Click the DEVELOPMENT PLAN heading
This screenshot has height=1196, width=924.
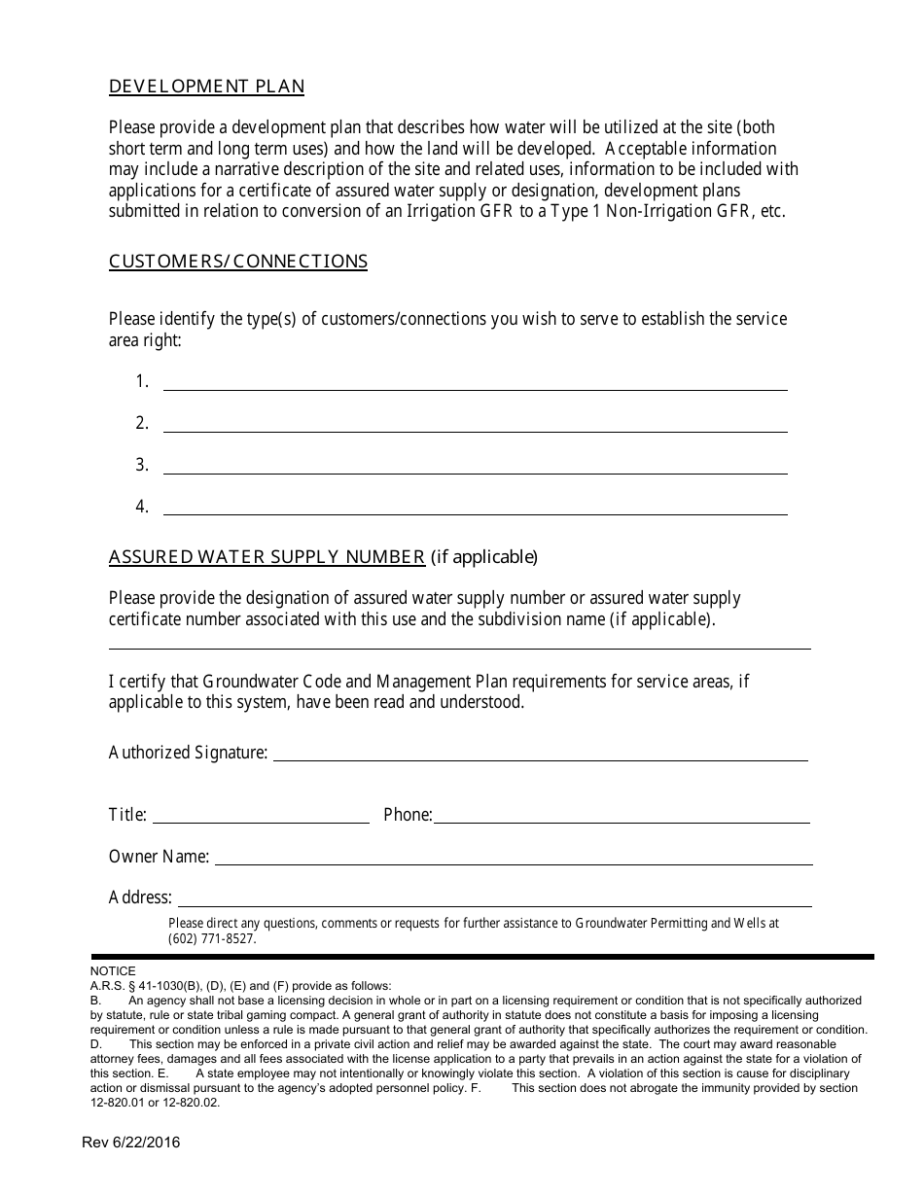click(x=206, y=87)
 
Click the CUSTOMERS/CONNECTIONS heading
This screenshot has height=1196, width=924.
click(x=238, y=262)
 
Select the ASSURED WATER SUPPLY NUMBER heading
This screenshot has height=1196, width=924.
click(x=267, y=557)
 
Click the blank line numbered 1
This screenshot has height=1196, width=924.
click(x=475, y=382)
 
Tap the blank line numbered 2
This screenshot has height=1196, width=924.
click(x=475, y=424)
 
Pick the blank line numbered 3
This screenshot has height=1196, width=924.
click(x=475, y=466)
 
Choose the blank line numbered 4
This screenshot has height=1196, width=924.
click(x=475, y=508)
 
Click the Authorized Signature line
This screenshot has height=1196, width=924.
click(x=540, y=754)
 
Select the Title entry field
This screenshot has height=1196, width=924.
click(x=261, y=816)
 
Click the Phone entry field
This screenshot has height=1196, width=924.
click(x=621, y=816)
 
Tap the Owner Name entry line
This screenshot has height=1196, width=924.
click(x=513, y=858)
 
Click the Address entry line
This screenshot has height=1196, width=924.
click(x=494, y=898)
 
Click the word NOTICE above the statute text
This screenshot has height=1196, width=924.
click(x=113, y=971)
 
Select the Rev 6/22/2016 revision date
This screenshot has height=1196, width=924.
click(x=130, y=1143)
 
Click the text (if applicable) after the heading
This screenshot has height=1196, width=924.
click(x=483, y=557)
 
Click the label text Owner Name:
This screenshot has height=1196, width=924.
click(x=159, y=857)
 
